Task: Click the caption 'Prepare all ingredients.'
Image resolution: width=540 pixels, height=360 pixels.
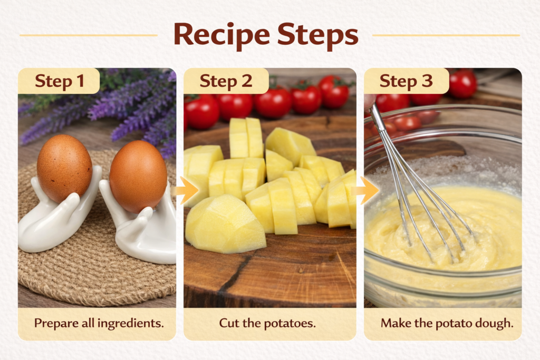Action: [x=99, y=323]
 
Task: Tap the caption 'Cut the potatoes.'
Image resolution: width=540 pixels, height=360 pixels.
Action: [x=267, y=323]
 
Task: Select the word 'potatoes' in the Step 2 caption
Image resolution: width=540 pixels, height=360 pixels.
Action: [x=293, y=323]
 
